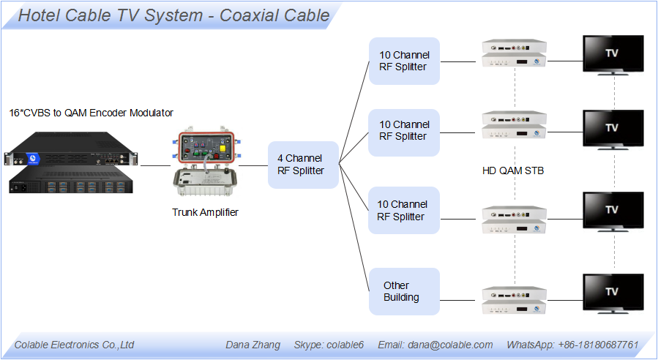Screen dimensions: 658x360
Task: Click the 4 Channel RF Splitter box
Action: tap(303, 165)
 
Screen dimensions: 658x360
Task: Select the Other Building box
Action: tap(404, 291)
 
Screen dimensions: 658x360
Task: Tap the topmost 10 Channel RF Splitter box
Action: tap(404, 61)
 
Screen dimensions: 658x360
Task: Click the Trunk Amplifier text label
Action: tap(205, 212)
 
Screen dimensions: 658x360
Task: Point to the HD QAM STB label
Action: tap(513, 170)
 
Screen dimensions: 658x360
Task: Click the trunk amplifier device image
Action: tap(205, 161)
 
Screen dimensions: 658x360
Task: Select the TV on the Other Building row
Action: tap(613, 293)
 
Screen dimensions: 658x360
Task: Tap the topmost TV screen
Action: tap(613, 55)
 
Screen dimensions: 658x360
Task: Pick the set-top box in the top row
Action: tap(514, 53)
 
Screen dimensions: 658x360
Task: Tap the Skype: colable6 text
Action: tap(329, 345)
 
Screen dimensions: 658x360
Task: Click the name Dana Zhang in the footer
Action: tap(253, 345)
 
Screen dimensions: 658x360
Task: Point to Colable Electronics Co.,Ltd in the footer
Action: tap(74, 345)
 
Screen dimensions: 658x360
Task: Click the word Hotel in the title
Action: tap(39, 15)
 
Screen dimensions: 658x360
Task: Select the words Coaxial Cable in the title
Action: tap(274, 15)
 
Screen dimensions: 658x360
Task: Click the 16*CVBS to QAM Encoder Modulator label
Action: tap(91, 113)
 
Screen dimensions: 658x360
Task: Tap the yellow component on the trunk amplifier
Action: tap(223, 148)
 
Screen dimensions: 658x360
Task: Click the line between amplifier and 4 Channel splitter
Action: tap(253, 165)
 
